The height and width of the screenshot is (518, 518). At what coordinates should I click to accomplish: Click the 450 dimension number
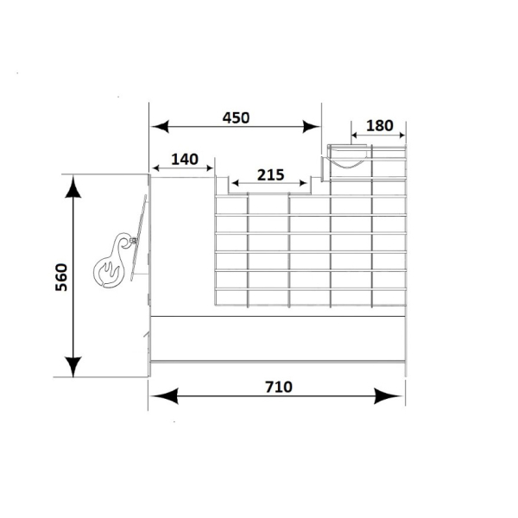pos(236,118)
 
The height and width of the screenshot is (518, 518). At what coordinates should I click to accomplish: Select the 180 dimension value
pos(380,125)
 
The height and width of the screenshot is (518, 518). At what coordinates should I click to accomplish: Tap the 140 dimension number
pos(185,160)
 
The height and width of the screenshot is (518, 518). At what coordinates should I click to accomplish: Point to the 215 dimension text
pos(270,175)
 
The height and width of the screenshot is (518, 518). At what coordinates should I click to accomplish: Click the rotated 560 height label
pos(61,277)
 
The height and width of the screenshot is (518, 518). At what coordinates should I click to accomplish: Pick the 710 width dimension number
pos(279,387)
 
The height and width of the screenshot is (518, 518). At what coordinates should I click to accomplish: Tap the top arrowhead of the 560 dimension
pos(73,186)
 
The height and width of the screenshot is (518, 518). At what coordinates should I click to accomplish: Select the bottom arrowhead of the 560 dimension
pos(73,366)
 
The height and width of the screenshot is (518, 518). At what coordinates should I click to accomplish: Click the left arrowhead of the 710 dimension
pos(164,395)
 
